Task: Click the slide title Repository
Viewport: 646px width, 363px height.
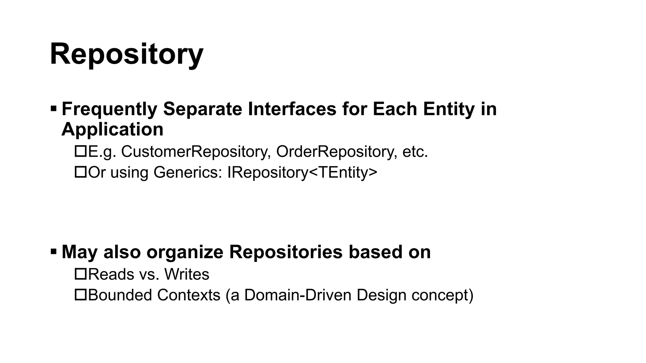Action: (126, 54)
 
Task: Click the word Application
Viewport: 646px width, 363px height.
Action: (112, 129)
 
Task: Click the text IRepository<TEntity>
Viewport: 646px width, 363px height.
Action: (302, 172)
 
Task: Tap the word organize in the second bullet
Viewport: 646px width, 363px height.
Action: (185, 252)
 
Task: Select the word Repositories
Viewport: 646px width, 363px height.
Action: (286, 252)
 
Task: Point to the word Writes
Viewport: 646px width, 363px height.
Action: (187, 274)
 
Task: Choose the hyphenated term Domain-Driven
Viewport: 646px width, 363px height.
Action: (298, 295)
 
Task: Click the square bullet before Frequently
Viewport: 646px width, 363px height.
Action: (53, 109)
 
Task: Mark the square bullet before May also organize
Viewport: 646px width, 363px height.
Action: (53, 252)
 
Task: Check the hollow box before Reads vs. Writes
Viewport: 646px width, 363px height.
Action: (80, 274)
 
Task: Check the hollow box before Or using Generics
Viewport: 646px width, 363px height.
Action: (80, 172)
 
